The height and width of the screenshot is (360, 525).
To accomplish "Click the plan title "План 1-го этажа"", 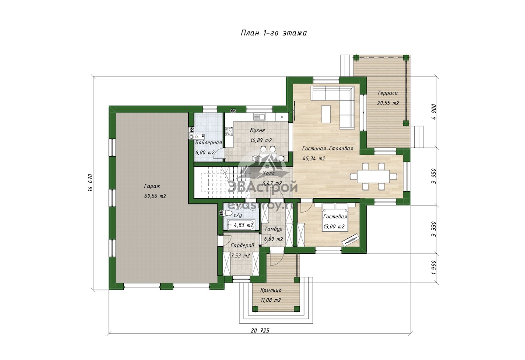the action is coord(273,33).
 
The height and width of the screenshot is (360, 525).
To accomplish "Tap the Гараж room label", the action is coord(152,186).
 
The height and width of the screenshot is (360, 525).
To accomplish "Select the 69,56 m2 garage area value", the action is coord(155,196).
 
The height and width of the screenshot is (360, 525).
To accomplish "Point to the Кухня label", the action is coord(257,130).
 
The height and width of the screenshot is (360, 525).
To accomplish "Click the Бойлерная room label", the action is coord(208,143).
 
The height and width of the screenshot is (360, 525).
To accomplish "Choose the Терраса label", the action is coord(388,93).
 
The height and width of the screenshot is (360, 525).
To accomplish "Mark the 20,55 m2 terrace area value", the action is coord(388,103).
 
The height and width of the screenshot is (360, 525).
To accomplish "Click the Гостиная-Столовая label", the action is coord(327,149).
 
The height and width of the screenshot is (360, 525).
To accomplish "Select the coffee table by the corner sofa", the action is coord(326,114).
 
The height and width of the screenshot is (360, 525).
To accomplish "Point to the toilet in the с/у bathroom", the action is coord(227,213).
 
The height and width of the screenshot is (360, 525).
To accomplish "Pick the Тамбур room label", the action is coord(273,229).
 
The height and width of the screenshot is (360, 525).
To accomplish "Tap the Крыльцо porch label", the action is coord(271,290).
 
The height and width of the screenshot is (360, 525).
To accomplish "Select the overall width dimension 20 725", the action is coord(260,330).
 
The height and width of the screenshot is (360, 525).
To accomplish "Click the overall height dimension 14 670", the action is coord(91,182).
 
